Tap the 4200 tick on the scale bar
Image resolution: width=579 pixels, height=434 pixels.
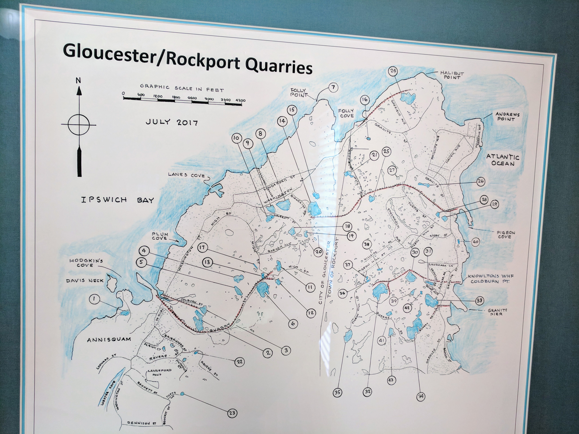coord(240,100)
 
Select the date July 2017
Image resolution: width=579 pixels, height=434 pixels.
coord(171,122)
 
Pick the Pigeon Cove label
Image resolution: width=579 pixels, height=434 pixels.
coord(504,234)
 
